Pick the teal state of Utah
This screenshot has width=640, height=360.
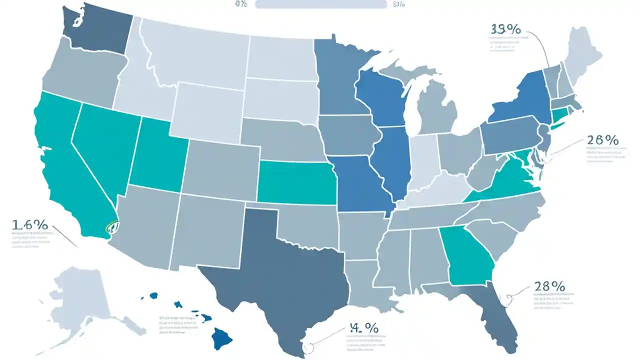pyautogui.click(x=157, y=155)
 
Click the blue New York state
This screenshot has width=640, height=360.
pyautogui.click(x=520, y=100)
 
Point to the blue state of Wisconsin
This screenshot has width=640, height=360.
pyautogui.click(x=380, y=97)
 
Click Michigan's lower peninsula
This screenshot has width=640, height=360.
pyautogui.click(x=435, y=107)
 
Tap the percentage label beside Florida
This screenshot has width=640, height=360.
pyautogui.click(x=549, y=286)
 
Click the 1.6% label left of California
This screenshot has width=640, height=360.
pyautogui.click(x=29, y=225)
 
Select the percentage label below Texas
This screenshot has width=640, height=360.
pyautogui.click(x=363, y=328)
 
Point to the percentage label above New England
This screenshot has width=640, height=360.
pyautogui.click(x=505, y=29)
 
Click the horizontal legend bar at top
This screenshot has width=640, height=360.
pyautogui.click(x=320, y=4)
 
